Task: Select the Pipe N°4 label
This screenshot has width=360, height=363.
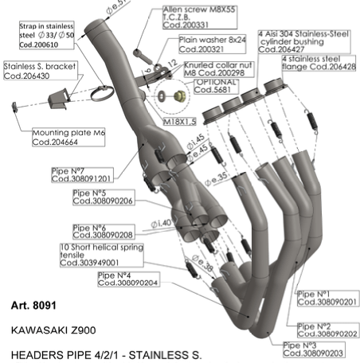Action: coord(127,278)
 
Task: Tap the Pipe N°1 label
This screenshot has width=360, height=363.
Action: coord(327,298)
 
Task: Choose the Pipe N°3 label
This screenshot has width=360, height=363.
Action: coord(314,348)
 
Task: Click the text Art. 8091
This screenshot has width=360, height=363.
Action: coord(33,305)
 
